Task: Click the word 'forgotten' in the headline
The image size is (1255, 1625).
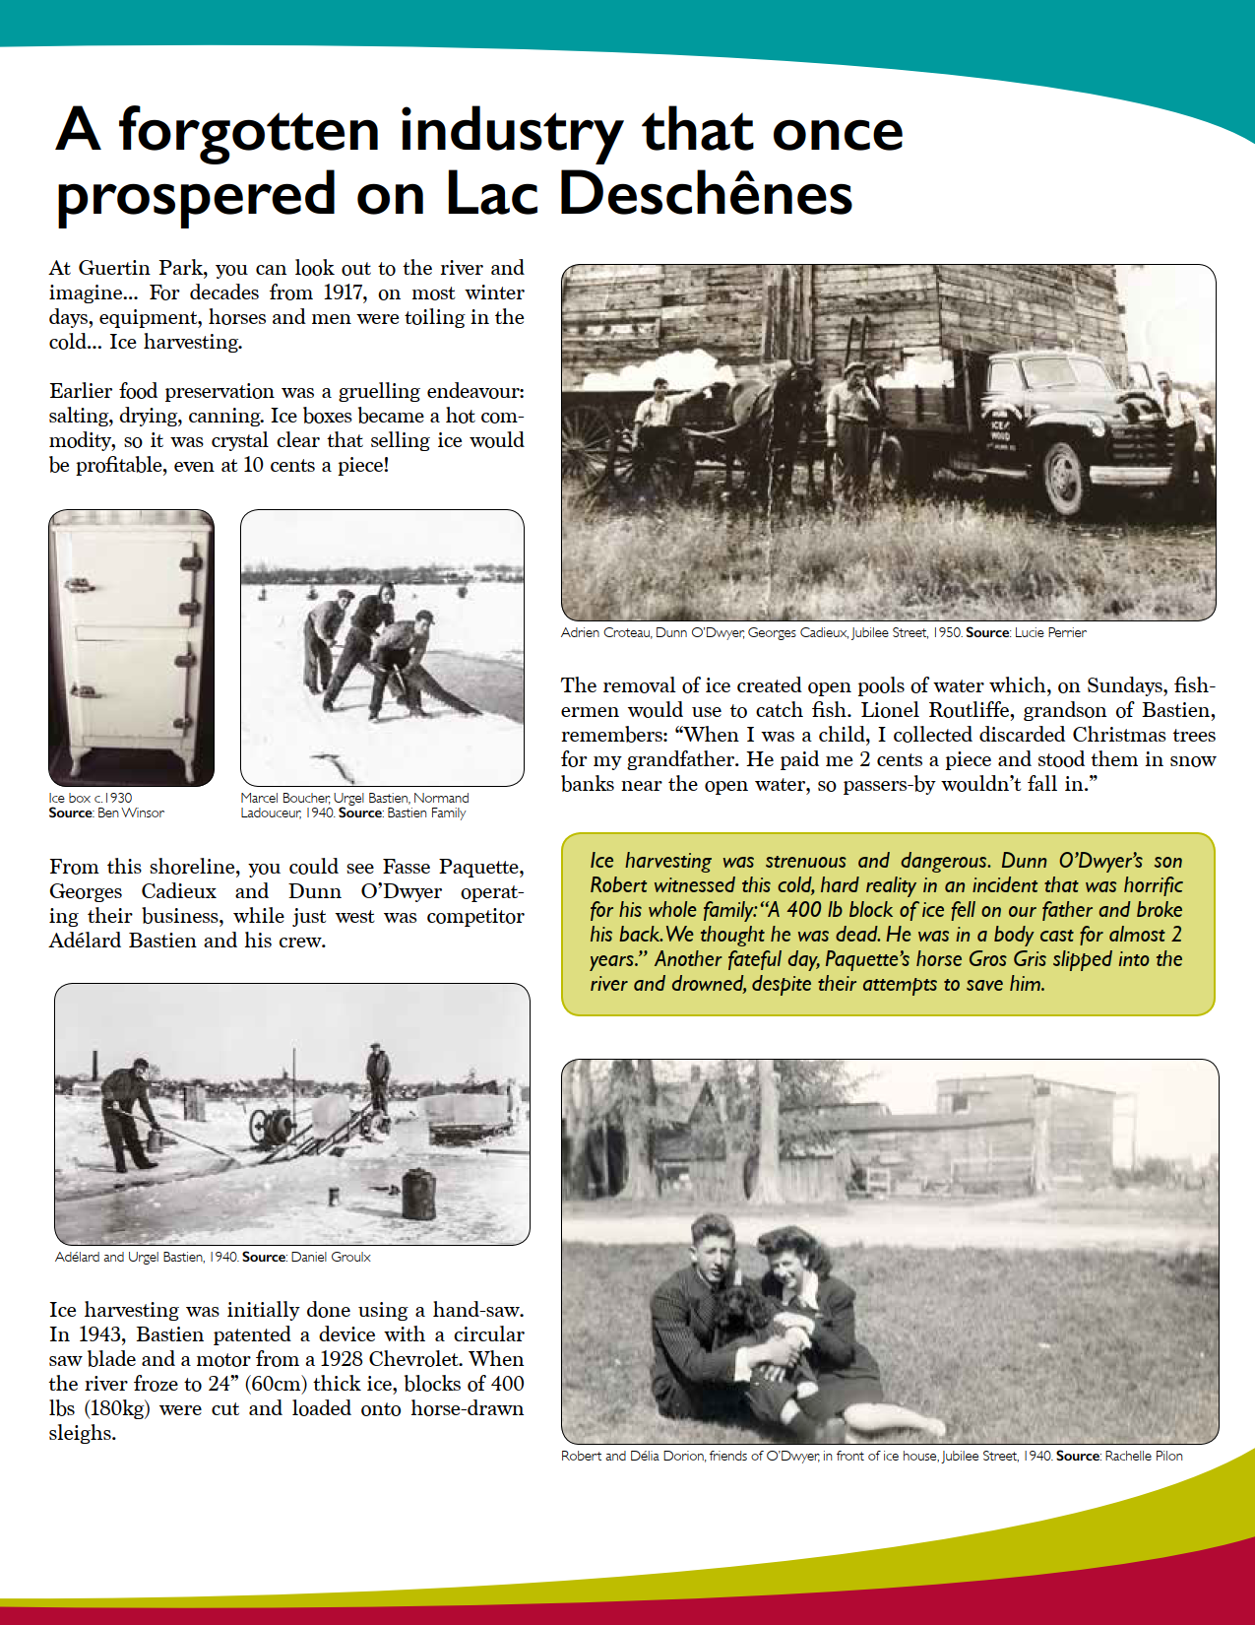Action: pos(248,131)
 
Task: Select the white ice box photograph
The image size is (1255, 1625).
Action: pos(131,647)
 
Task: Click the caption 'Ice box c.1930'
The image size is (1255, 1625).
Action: pos(91,798)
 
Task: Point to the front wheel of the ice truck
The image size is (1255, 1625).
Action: pos(1064,478)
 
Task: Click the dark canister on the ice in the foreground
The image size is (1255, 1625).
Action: pos(418,1193)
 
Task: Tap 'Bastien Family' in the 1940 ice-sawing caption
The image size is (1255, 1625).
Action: pos(426,812)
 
